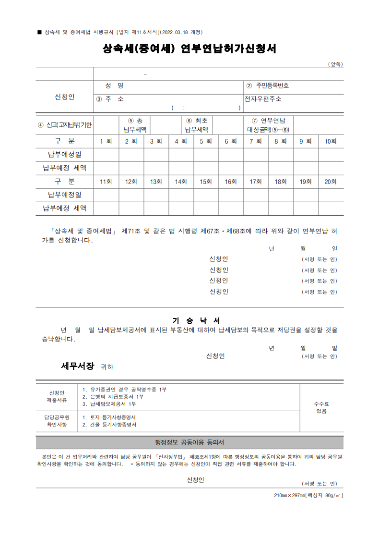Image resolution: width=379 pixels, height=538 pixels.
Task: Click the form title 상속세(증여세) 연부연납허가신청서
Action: pos(189,49)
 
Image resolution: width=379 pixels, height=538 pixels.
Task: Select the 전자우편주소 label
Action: pos(263,99)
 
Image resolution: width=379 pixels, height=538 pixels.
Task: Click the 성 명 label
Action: pos(114,86)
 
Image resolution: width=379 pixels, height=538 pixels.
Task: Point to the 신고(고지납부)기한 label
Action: pos(65,125)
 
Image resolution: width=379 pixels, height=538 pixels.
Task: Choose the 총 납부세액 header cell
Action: pos(135,125)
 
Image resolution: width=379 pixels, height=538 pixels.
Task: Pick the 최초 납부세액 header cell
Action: pos(197,125)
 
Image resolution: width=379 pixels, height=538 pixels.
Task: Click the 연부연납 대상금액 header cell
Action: pos(269,125)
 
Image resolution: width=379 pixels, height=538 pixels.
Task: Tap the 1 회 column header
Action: pos(106,141)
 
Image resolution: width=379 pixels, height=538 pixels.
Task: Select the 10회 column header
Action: pos(331,141)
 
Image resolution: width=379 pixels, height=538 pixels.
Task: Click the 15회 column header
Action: pos(206,182)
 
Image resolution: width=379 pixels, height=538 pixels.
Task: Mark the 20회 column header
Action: pos(331,182)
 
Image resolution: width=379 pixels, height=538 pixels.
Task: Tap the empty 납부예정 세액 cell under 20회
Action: pos(331,208)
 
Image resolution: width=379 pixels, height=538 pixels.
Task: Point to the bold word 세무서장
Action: pos(78,366)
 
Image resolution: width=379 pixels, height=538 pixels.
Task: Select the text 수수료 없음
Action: pos(321,408)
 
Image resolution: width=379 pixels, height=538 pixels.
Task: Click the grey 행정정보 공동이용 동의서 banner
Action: pos(189,442)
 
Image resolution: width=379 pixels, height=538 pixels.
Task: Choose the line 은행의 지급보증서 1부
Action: pos(113,397)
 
